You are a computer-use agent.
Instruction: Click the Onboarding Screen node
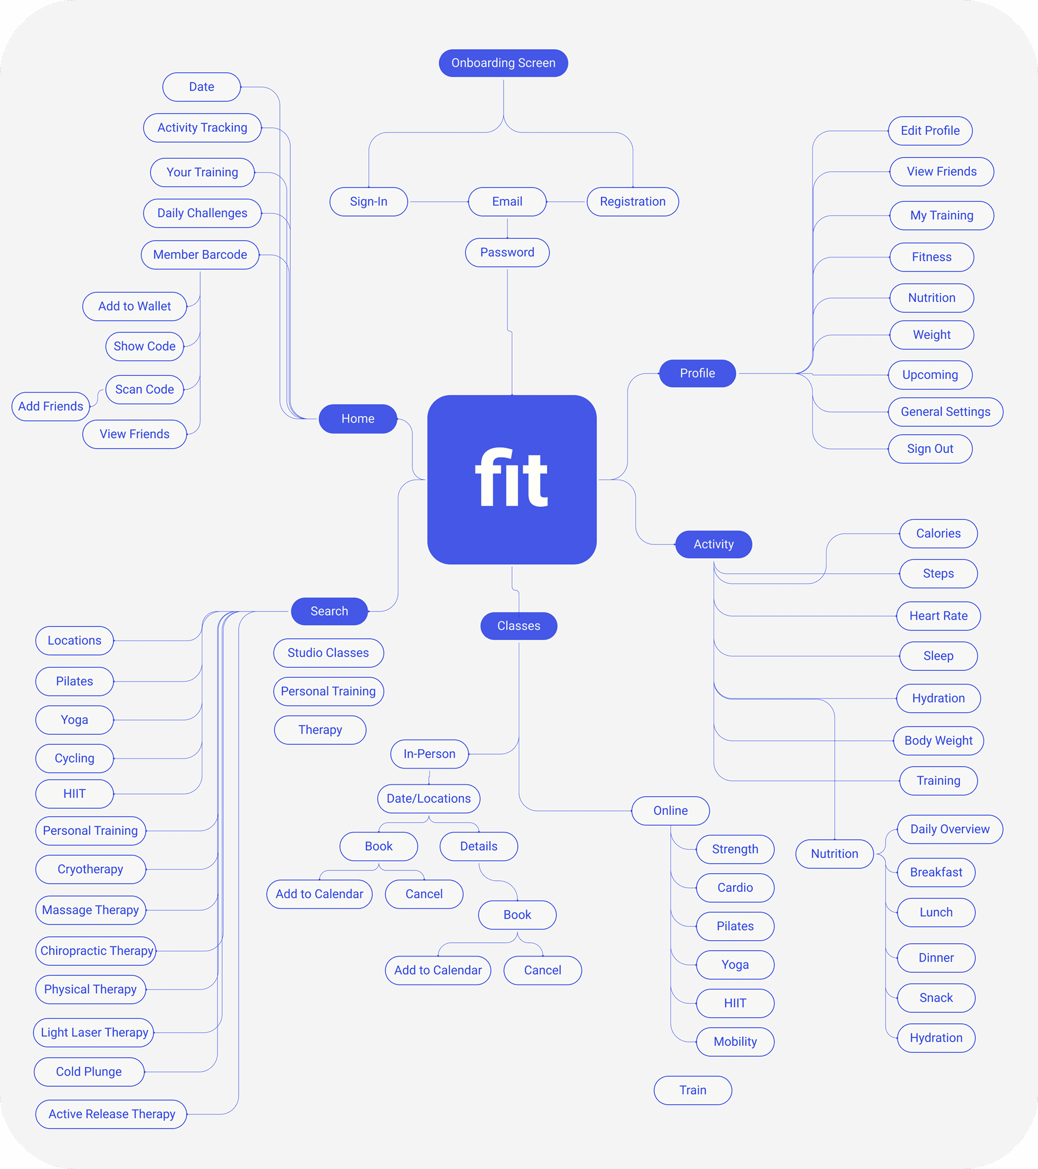coord(503,63)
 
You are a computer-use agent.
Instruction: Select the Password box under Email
coord(507,252)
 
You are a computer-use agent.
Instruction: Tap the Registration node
coord(632,201)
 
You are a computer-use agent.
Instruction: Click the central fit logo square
coord(512,479)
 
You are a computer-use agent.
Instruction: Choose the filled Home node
coord(358,419)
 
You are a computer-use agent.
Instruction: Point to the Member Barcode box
coord(200,254)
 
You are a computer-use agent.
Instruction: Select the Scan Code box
coord(145,390)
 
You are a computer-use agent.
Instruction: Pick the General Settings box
coord(945,412)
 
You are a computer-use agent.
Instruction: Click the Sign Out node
coord(930,449)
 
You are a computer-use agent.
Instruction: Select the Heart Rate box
coord(939,616)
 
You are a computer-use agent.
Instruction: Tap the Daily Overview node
coord(950,829)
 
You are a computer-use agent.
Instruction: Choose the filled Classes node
coord(519,626)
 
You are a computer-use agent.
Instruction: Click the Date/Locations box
coord(429,798)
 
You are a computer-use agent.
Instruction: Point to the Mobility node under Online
coord(735,1041)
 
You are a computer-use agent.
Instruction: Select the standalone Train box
coord(692,1090)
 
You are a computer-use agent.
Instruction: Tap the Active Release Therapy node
coord(112,1114)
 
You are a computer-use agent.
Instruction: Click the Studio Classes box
coord(328,653)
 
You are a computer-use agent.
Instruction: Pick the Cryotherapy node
coord(90,869)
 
